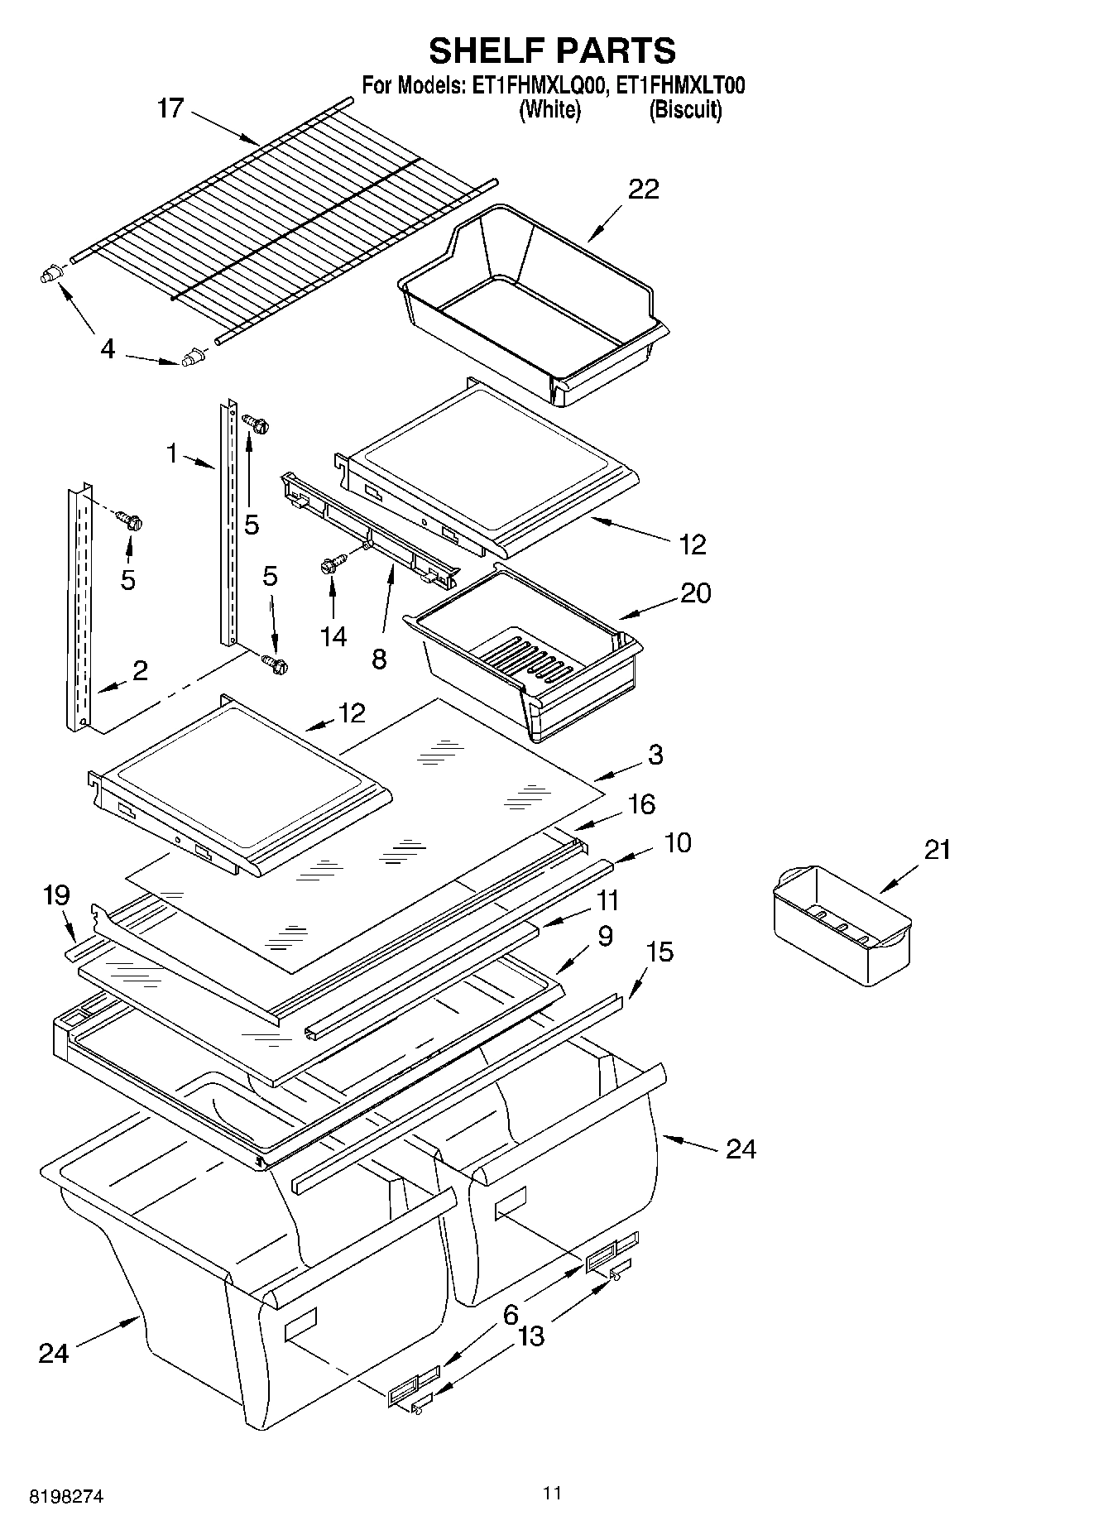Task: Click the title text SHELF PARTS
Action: [x=552, y=50]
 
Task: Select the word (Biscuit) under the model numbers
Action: [x=685, y=109]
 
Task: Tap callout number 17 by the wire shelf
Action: [x=170, y=108]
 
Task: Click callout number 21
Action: [x=937, y=850]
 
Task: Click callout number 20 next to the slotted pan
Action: [x=695, y=593]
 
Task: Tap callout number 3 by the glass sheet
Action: [x=655, y=754]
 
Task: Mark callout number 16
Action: [x=642, y=803]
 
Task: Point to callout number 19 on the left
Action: [x=56, y=894]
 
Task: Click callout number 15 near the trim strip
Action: [x=660, y=952]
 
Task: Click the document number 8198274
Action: [x=66, y=1497]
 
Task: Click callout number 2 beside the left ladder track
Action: [x=140, y=670]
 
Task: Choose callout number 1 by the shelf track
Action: [x=172, y=453]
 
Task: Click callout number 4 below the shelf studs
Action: [x=108, y=349]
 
